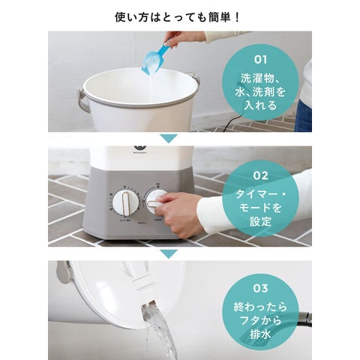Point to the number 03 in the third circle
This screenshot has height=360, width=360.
pyautogui.click(x=260, y=288)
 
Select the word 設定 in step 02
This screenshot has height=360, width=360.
pyautogui.click(x=260, y=222)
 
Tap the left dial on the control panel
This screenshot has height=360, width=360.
pyautogui.click(x=126, y=202)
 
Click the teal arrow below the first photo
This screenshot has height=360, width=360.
pyautogui.click(x=169, y=138)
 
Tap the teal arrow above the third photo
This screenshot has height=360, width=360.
pyautogui.click(x=169, y=253)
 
